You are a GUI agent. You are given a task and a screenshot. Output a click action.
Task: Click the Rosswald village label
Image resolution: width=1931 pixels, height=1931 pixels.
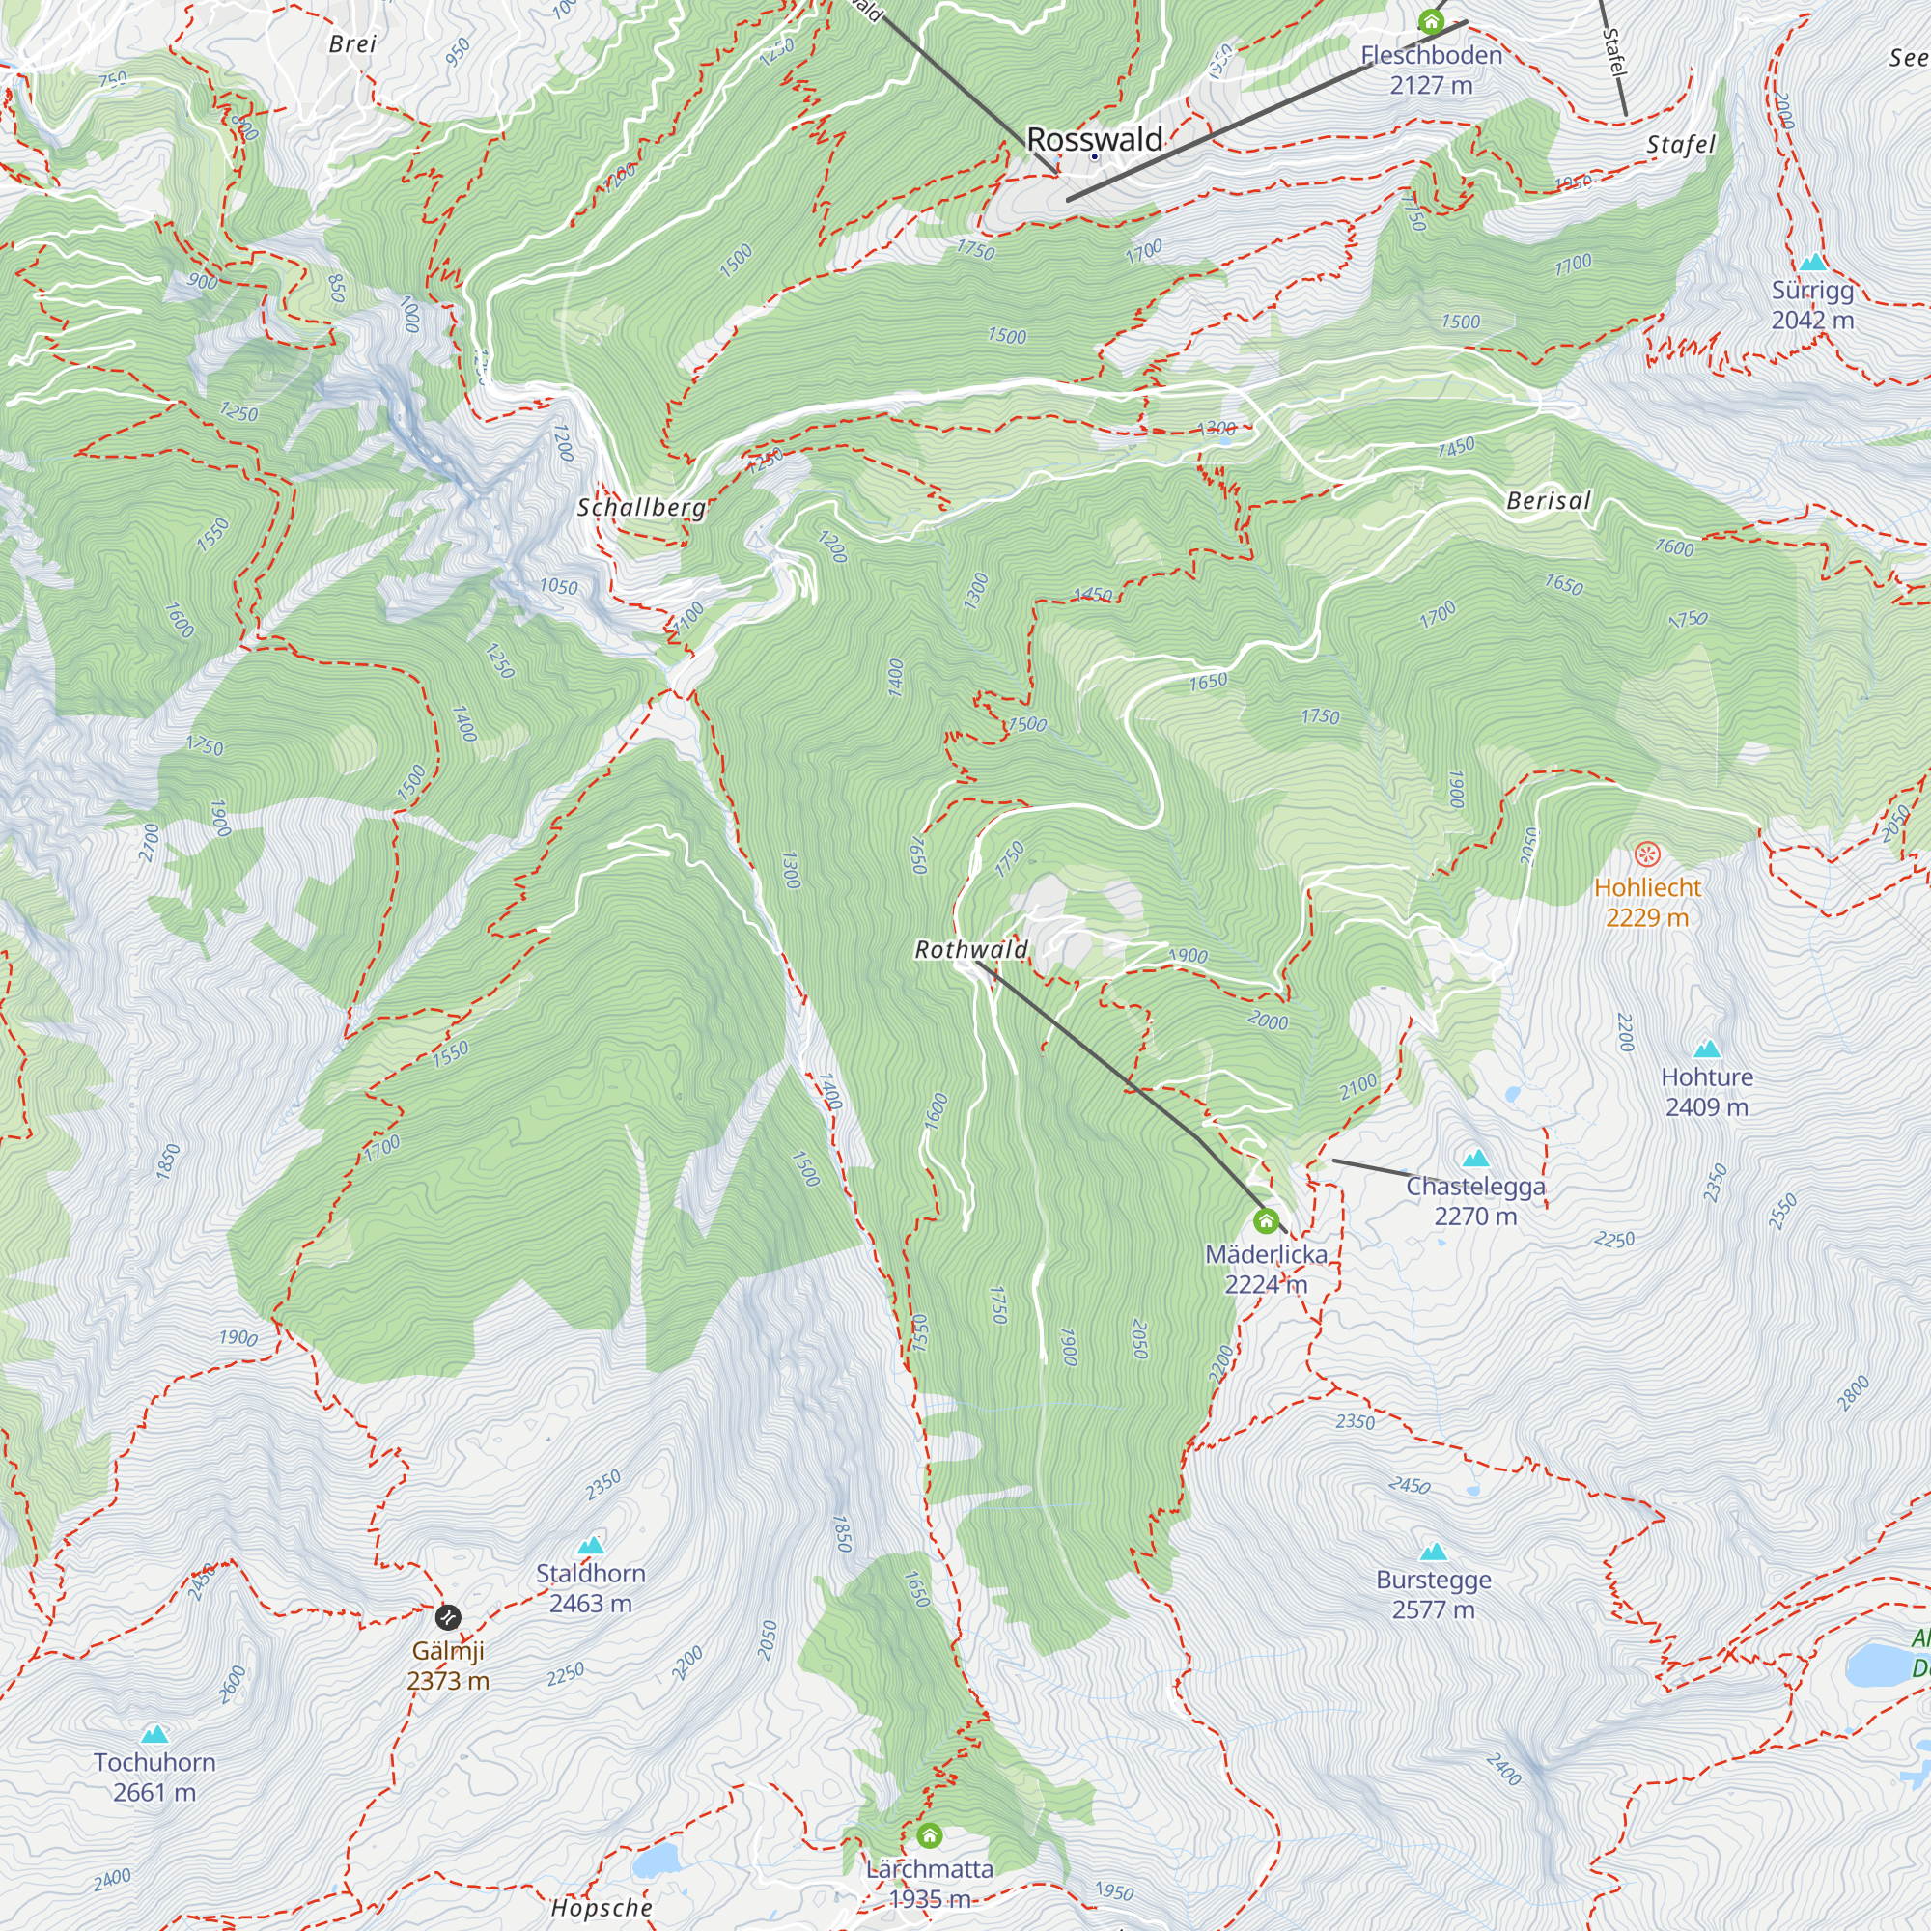pyautogui.click(x=1095, y=139)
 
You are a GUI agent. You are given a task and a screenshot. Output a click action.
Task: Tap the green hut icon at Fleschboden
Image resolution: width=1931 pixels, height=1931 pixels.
pyautogui.click(x=1431, y=21)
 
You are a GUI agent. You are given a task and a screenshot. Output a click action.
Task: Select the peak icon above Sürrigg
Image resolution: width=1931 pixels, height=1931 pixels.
pyautogui.click(x=1813, y=263)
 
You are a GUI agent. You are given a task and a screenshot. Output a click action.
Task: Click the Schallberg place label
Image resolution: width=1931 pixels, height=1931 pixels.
pyautogui.click(x=642, y=508)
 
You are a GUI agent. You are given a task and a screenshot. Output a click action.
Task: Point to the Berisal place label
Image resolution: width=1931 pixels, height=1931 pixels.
pyautogui.click(x=1549, y=501)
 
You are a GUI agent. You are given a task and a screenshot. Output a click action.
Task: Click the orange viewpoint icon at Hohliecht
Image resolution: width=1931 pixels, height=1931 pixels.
pyautogui.click(x=1647, y=854)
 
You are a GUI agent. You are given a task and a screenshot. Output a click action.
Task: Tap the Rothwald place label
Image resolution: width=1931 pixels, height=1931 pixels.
pyautogui.click(x=971, y=949)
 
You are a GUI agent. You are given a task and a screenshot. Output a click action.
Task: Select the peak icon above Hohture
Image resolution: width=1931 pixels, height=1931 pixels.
pyautogui.click(x=1707, y=1049)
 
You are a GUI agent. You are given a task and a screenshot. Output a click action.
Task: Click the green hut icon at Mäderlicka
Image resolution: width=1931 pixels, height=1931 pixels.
pyautogui.click(x=1266, y=1221)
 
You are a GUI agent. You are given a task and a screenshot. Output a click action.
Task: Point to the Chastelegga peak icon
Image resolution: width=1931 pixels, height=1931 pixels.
pyautogui.click(x=1475, y=1159)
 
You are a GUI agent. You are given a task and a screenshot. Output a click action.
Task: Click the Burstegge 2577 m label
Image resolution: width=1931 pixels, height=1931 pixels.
pyautogui.click(x=1433, y=1594)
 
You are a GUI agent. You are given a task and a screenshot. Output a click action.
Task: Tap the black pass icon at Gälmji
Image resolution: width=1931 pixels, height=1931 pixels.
pyautogui.click(x=448, y=1616)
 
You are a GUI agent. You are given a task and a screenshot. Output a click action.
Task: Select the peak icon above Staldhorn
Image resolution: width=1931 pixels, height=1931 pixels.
pyautogui.click(x=591, y=1545)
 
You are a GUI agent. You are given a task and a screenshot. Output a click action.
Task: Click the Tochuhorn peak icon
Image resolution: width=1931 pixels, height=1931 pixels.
pyautogui.click(x=154, y=1734)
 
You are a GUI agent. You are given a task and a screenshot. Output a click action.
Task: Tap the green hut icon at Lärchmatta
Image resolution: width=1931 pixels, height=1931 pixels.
pyautogui.click(x=930, y=1835)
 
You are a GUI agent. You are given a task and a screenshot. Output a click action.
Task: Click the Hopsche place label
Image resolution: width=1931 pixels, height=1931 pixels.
pyautogui.click(x=602, y=1908)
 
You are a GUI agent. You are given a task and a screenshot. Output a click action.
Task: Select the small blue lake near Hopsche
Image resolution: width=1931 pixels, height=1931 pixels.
pyautogui.click(x=656, y=1862)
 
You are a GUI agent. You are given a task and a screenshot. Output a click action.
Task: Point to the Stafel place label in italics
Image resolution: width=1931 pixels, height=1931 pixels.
pyautogui.click(x=1681, y=145)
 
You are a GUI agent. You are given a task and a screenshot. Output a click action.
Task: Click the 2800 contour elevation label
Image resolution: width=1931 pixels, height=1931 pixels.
pyautogui.click(x=1852, y=1393)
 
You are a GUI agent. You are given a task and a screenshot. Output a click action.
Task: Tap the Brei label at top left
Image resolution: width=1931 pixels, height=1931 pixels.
pyautogui.click(x=351, y=44)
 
